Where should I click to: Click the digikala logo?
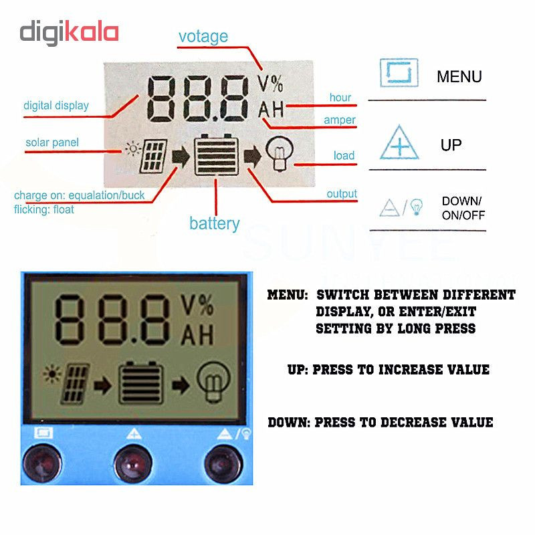[69, 33]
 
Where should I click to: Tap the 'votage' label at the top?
[203, 37]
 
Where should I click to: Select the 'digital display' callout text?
[56, 106]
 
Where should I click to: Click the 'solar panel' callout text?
[52, 142]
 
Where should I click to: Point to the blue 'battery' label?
[215, 224]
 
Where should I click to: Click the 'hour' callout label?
[340, 98]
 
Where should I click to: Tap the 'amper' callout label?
[340, 120]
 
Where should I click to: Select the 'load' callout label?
[344, 156]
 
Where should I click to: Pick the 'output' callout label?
[342, 194]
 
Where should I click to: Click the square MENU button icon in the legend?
[399, 73]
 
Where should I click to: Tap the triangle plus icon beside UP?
[399, 142]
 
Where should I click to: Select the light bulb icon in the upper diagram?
[280, 153]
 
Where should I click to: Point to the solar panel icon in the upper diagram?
[154, 156]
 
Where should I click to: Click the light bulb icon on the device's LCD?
[214, 383]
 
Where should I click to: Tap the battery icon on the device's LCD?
[140, 383]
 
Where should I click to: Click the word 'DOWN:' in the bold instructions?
[289, 423]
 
